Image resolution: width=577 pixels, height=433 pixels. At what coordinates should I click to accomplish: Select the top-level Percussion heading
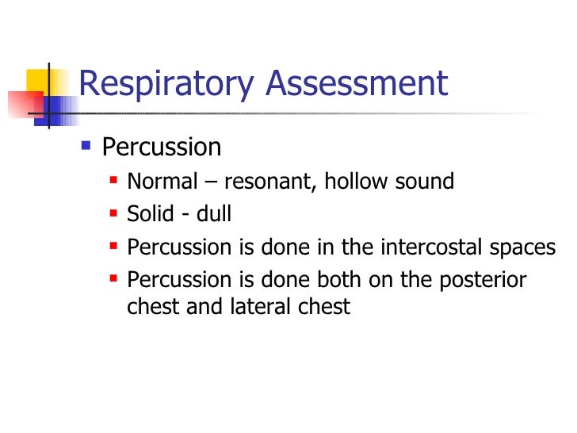pos(162,148)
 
